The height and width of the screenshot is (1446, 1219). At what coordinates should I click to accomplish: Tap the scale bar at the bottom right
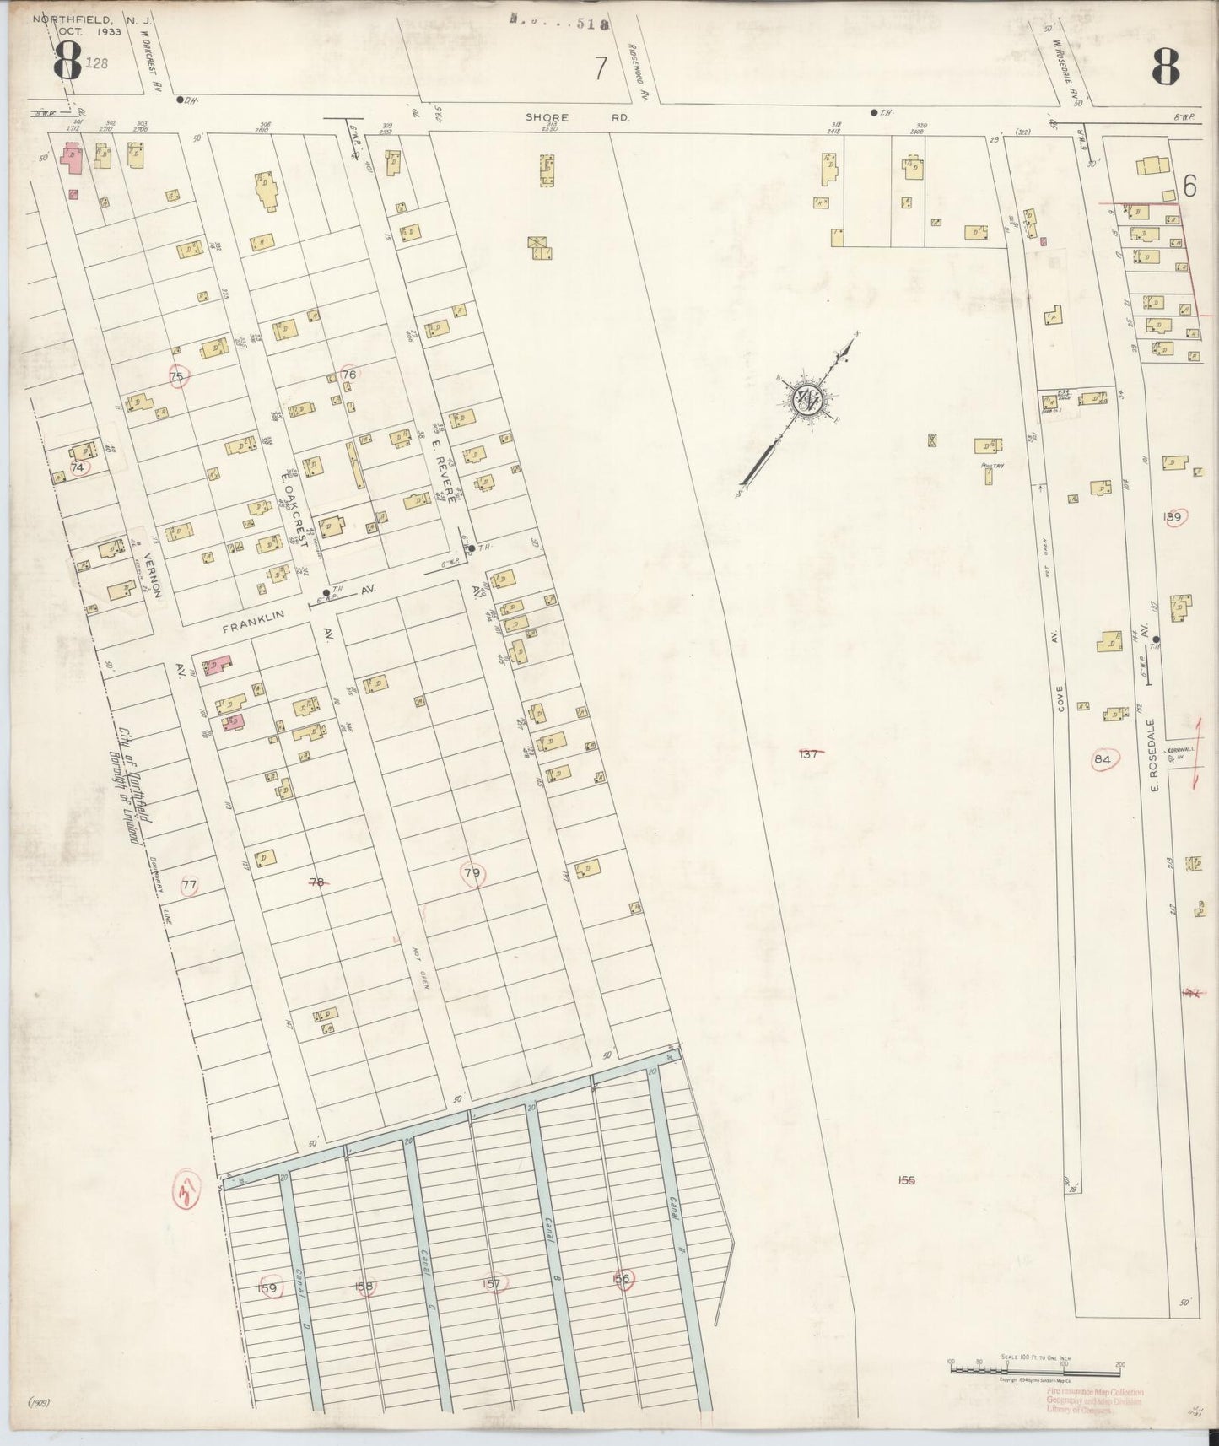[x=1034, y=1368]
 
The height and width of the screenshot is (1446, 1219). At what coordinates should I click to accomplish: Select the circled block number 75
[x=177, y=377]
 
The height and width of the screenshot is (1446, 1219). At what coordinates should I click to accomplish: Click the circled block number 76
[x=349, y=374]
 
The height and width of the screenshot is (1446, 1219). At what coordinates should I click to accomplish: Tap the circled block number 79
[x=472, y=873]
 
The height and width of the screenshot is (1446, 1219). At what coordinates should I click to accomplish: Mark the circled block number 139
[x=1173, y=517]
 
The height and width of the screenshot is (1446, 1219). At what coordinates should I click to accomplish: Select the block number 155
[x=907, y=1180]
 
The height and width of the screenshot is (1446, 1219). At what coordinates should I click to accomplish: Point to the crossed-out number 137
[x=809, y=754]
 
